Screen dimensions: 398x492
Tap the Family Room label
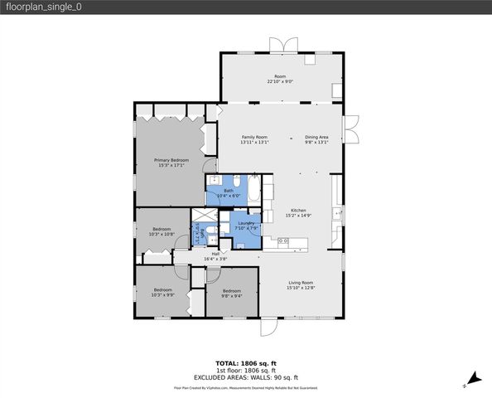254,137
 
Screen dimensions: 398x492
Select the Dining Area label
316,137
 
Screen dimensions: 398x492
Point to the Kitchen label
298,211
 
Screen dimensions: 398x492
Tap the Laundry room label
245,223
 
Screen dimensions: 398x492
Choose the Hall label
215,254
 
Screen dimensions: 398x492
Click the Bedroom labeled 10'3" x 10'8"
162,229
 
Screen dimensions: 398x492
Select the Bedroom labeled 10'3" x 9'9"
162,289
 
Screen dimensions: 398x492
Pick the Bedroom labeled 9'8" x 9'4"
231,290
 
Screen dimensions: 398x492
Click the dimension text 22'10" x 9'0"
281,82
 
